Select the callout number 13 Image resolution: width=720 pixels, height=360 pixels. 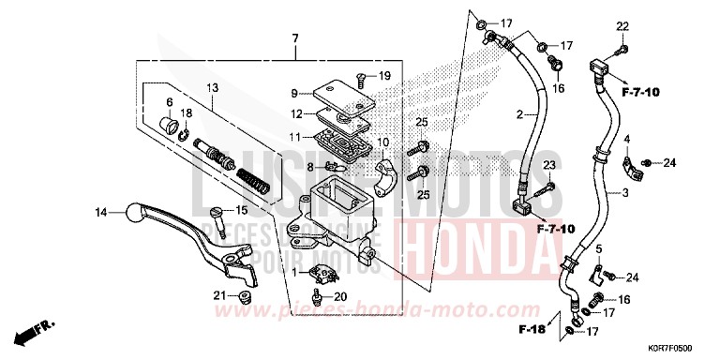point(212,88)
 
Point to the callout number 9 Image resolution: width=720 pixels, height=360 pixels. point(293,93)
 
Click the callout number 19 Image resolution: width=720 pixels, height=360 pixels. point(385,75)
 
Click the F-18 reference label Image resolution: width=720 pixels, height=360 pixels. point(531,331)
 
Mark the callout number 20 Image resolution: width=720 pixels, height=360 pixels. point(338,298)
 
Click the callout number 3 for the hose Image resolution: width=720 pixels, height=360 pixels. point(623,190)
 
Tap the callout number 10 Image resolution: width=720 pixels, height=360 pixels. point(382,142)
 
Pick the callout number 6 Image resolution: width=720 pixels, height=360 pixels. point(170,102)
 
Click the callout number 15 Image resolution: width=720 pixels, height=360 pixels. point(241,210)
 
